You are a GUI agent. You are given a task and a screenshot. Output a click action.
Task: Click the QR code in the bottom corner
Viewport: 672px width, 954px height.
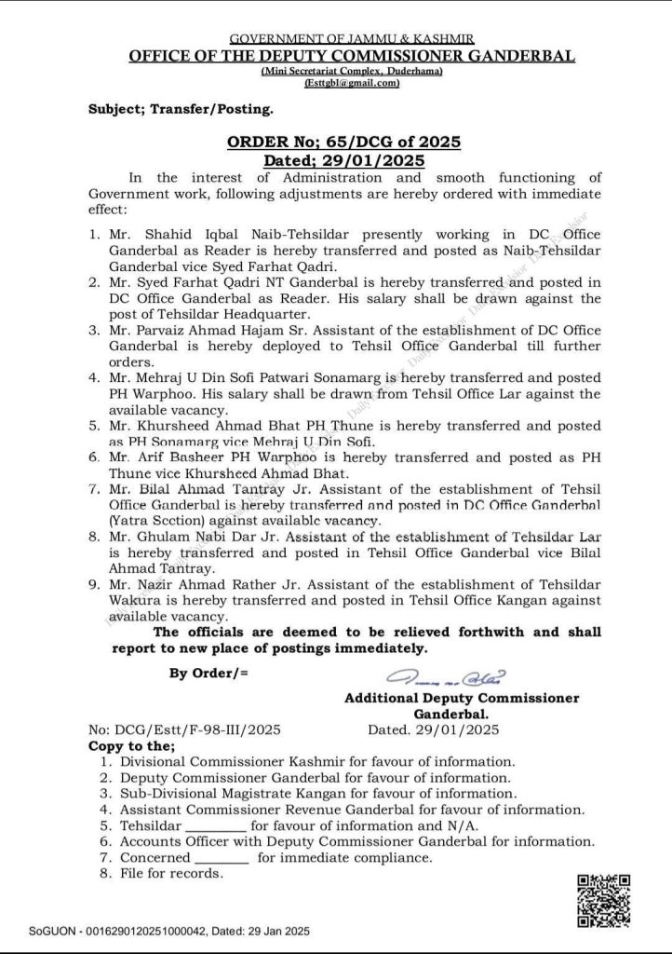[x=604, y=901]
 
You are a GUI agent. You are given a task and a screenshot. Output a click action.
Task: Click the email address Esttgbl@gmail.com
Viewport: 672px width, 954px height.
[x=352, y=83]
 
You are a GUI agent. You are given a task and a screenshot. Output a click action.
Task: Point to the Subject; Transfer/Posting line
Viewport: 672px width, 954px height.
[x=181, y=109]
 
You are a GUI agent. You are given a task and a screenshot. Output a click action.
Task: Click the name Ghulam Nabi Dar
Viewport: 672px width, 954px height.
[x=185, y=537]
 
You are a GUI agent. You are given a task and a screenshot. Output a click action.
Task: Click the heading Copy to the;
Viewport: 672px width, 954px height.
[x=131, y=746]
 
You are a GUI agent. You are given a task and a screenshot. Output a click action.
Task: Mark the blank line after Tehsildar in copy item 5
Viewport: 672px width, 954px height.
[x=216, y=826]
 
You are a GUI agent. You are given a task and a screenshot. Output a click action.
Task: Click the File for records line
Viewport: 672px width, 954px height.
[x=171, y=873]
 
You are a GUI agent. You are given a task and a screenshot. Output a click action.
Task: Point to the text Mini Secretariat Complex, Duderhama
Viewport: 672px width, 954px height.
[x=352, y=71]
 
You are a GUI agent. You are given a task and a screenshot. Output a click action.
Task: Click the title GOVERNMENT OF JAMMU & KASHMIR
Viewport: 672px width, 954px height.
[x=352, y=39]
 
